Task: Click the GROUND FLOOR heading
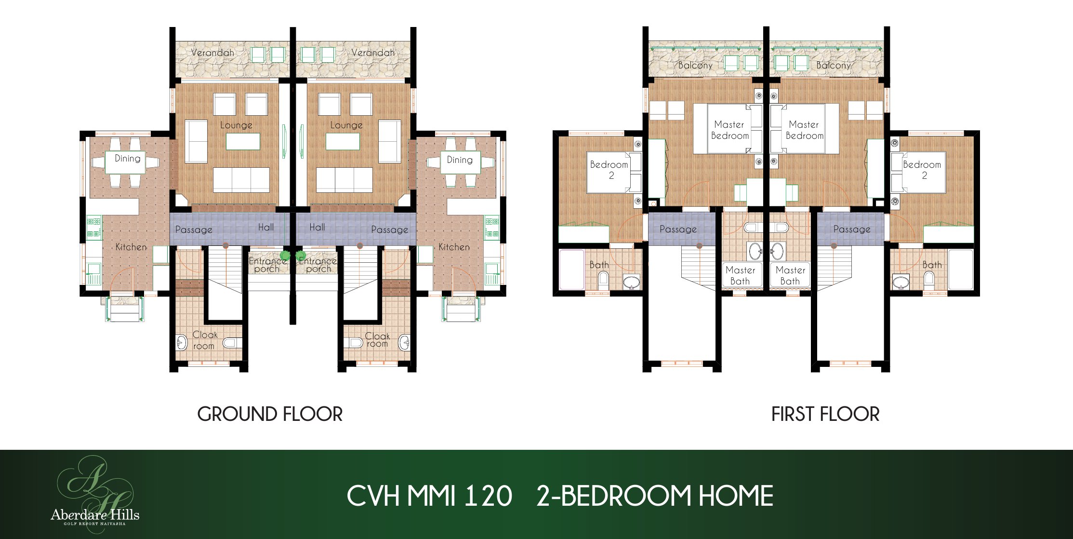coord(270,414)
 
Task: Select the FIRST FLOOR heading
coord(825,414)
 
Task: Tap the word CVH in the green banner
coord(373,496)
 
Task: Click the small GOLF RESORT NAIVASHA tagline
coord(95,524)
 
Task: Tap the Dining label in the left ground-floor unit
coord(128,158)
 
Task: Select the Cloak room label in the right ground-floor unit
coord(377,339)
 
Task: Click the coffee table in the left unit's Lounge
coord(243,142)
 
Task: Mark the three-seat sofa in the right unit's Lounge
coord(344,180)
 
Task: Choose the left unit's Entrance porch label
coord(267,265)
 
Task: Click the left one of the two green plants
coord(285,255)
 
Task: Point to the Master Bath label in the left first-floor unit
coord(741,275)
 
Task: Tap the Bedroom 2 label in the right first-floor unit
coord(922,170)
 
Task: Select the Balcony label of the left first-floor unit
coord(695,65)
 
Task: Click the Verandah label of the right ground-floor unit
coord(373,52)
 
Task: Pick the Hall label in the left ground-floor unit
coord(266,227)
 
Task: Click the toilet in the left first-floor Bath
coord(603,281)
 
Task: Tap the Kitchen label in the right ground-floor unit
coord(454,247)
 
